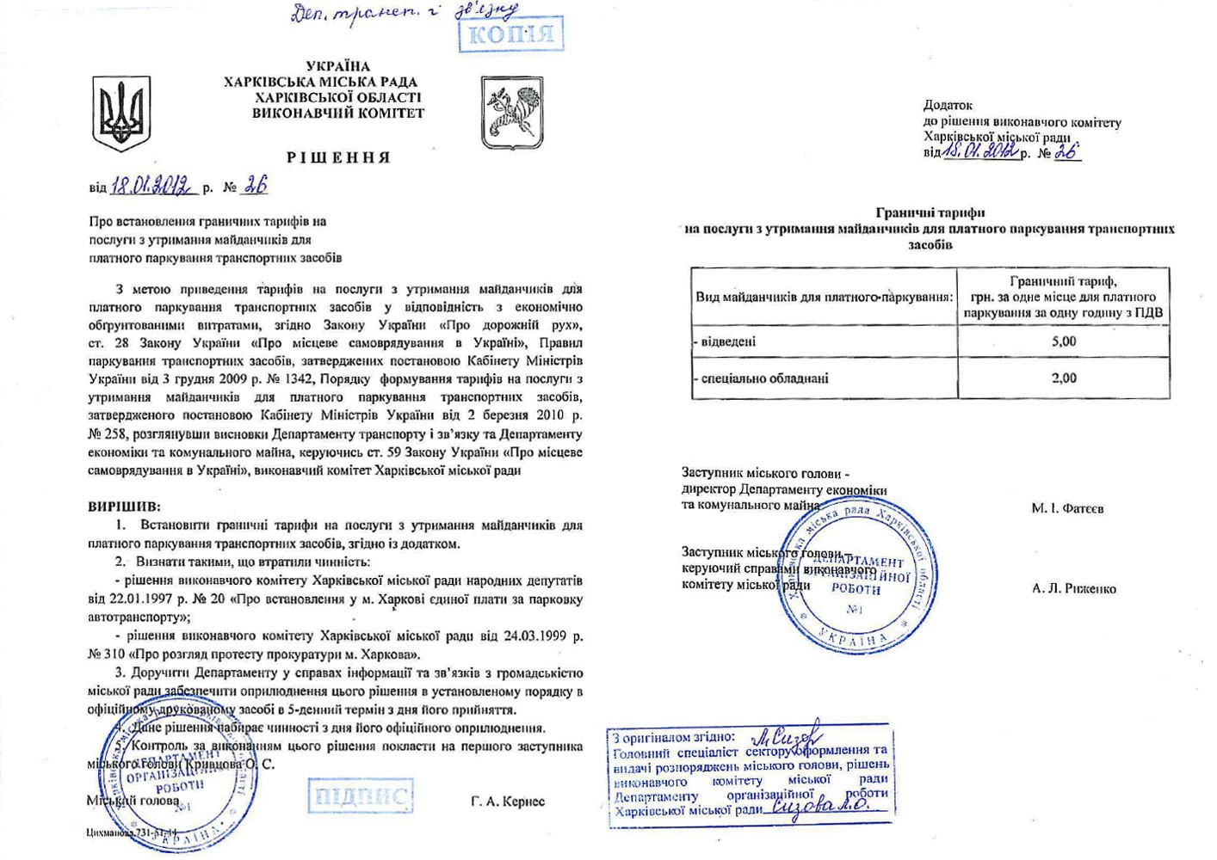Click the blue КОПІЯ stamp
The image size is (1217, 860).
511,34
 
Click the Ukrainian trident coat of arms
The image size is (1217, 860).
121,113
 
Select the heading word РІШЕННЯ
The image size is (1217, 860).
338,158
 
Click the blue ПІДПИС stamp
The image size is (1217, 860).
359,795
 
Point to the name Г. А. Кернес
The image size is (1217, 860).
508,802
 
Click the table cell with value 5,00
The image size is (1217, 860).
1064,341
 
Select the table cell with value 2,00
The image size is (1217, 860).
1064,378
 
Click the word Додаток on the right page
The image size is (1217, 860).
948,105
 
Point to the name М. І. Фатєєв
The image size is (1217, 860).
1067,508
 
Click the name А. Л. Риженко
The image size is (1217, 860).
1074,589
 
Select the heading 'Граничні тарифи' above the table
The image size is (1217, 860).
930,212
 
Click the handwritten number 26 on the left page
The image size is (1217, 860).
256,185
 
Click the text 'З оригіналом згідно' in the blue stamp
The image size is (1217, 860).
674,737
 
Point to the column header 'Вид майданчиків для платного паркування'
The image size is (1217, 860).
824,298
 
